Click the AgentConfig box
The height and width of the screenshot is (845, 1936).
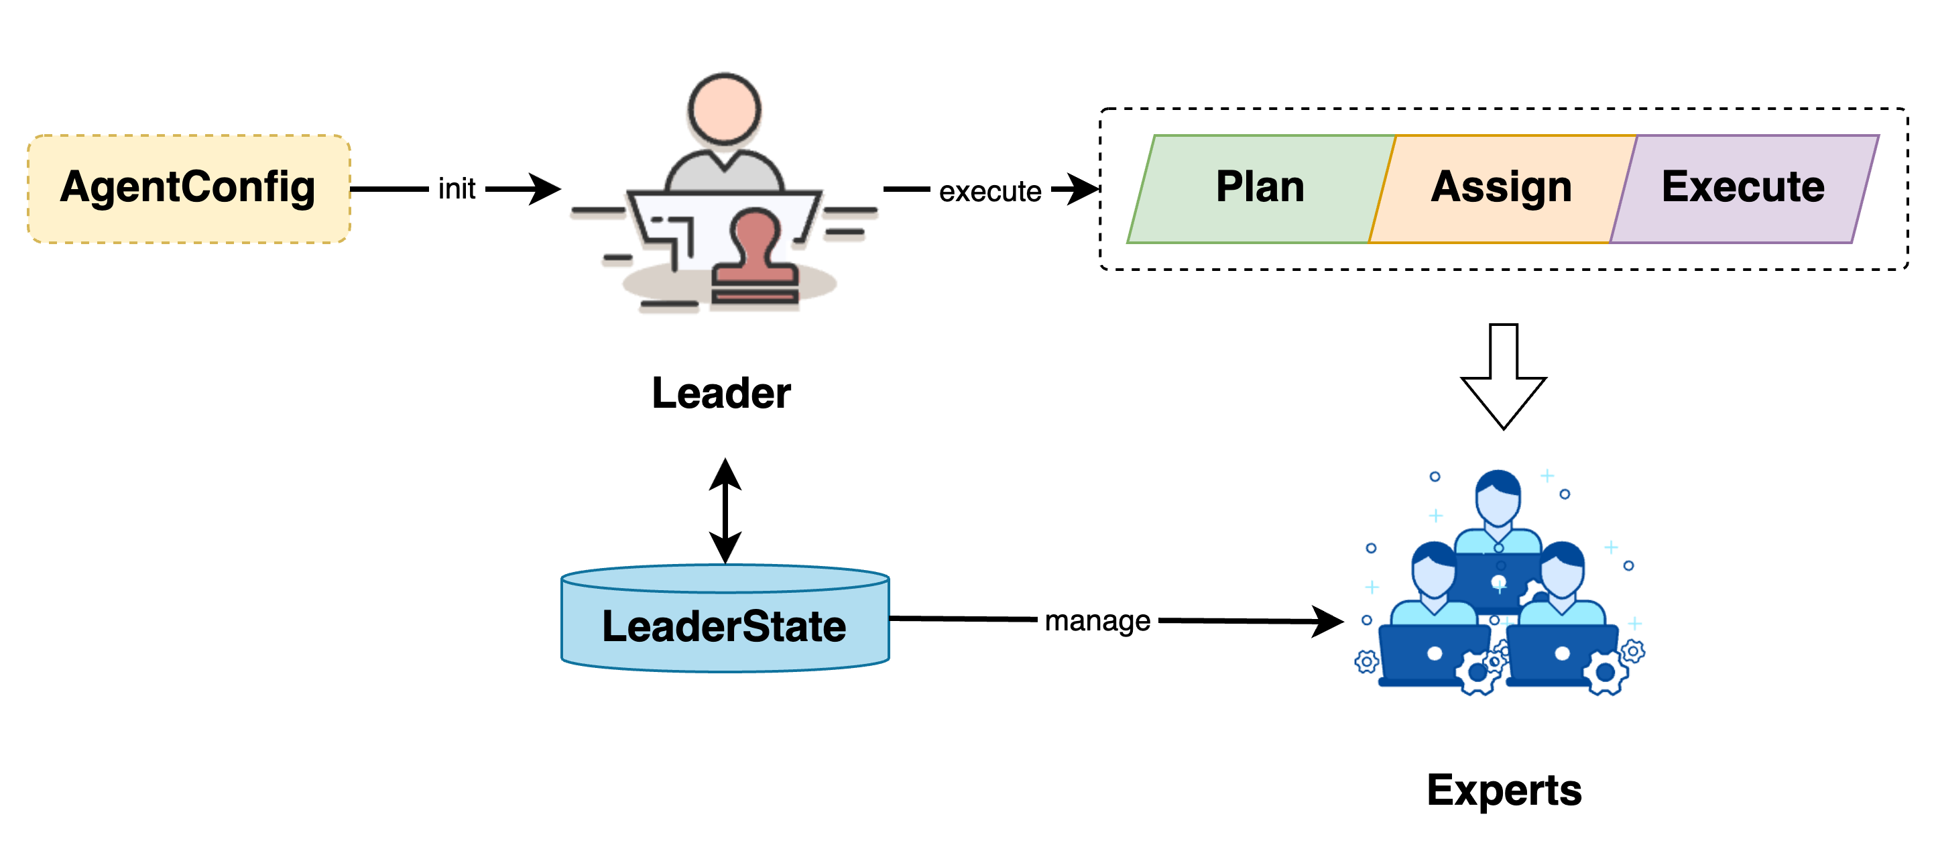[x=188, y=188]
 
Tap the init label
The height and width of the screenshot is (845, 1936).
[x=457, y=188]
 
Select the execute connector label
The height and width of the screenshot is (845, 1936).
[x=990, y=191]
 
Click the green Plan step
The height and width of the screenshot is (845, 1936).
[x=1260, y=188]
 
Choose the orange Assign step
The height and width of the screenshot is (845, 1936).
[x=1501, y=188]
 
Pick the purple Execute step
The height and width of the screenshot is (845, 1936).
[x=1743, y=188]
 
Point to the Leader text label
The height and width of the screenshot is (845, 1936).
[x=723, y=396]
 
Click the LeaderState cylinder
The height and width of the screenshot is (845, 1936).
[x=725, y=624]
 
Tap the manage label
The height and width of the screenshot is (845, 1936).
[x=1097, y=621]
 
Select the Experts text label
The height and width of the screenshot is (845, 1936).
[x=1504, y=791]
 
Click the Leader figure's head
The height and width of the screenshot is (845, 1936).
[x=725, y=110]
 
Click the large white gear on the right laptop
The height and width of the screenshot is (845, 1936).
[x=1606, y=673]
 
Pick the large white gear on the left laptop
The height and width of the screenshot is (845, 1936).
[x=1477, y=673]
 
